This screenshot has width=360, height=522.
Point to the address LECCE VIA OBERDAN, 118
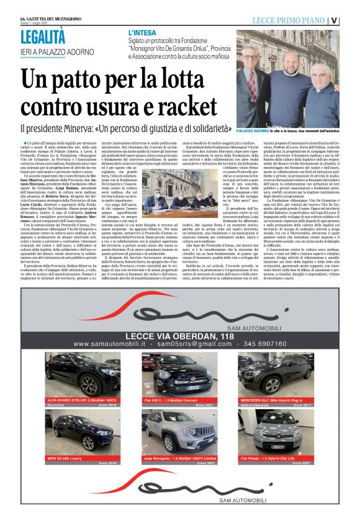(x=179, y=335)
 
